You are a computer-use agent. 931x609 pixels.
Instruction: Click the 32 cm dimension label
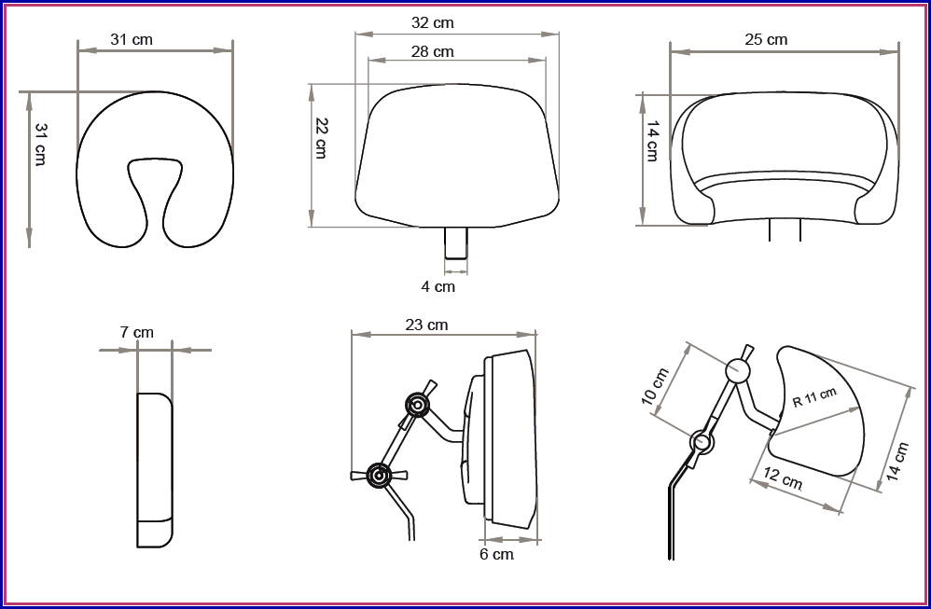(x=432, y=23)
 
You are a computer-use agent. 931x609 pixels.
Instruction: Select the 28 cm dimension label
(x=432, y=52)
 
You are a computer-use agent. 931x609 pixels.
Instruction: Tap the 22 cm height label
(x=321, y=138)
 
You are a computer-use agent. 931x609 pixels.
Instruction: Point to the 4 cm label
(x=438, y=286)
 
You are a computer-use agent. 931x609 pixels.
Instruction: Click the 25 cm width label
(x=766, y=40)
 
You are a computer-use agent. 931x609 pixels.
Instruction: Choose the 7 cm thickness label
(x=136, y=332)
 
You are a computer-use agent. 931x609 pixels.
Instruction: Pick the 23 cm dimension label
(x=426, y=325)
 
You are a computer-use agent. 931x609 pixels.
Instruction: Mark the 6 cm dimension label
(x=496, y=554)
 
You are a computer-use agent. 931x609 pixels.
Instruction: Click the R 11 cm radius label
(x=814, y=396)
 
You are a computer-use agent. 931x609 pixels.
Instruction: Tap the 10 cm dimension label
(x=656, y=387)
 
